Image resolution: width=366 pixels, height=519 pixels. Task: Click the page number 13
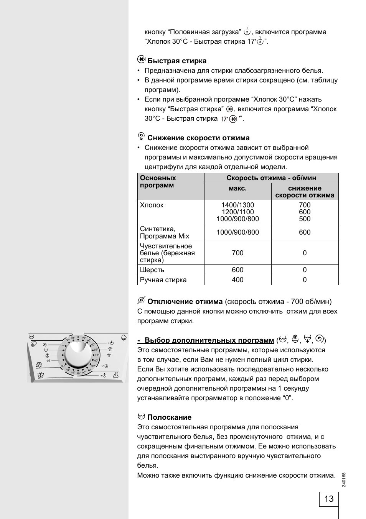(x=329, y=499)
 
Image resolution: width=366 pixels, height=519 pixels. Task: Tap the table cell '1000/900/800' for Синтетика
(x=237, y=232)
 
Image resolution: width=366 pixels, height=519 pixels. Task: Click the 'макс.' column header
(x=237, y=188)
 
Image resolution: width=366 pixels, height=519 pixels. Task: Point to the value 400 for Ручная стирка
(x=237, y=280)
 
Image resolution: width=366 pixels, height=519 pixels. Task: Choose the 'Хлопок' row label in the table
(x=152, y=205)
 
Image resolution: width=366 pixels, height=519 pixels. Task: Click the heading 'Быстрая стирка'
(x=177, y=61)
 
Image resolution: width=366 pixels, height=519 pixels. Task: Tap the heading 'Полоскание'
(x=169, y=417)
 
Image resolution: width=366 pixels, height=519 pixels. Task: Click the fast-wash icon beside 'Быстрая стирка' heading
(x=141, y=60)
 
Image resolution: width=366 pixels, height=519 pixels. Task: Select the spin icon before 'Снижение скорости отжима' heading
(x=141, y=136)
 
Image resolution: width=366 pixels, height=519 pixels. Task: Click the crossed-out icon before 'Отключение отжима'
(x=141, y=300)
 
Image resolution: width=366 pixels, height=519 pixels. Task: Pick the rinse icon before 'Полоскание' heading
(x=141, y=416)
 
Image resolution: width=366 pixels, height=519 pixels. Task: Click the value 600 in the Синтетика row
(x=305, y=232)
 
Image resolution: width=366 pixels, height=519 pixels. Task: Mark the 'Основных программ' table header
(x=158, y=182)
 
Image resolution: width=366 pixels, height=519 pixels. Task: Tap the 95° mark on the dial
(x=84, y=338)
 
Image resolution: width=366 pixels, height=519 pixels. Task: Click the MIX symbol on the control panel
(x=31, y=336)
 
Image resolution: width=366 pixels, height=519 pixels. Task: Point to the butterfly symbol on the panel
(x=40, y=375)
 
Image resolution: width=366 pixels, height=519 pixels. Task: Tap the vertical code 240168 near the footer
(x=344, y=480)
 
